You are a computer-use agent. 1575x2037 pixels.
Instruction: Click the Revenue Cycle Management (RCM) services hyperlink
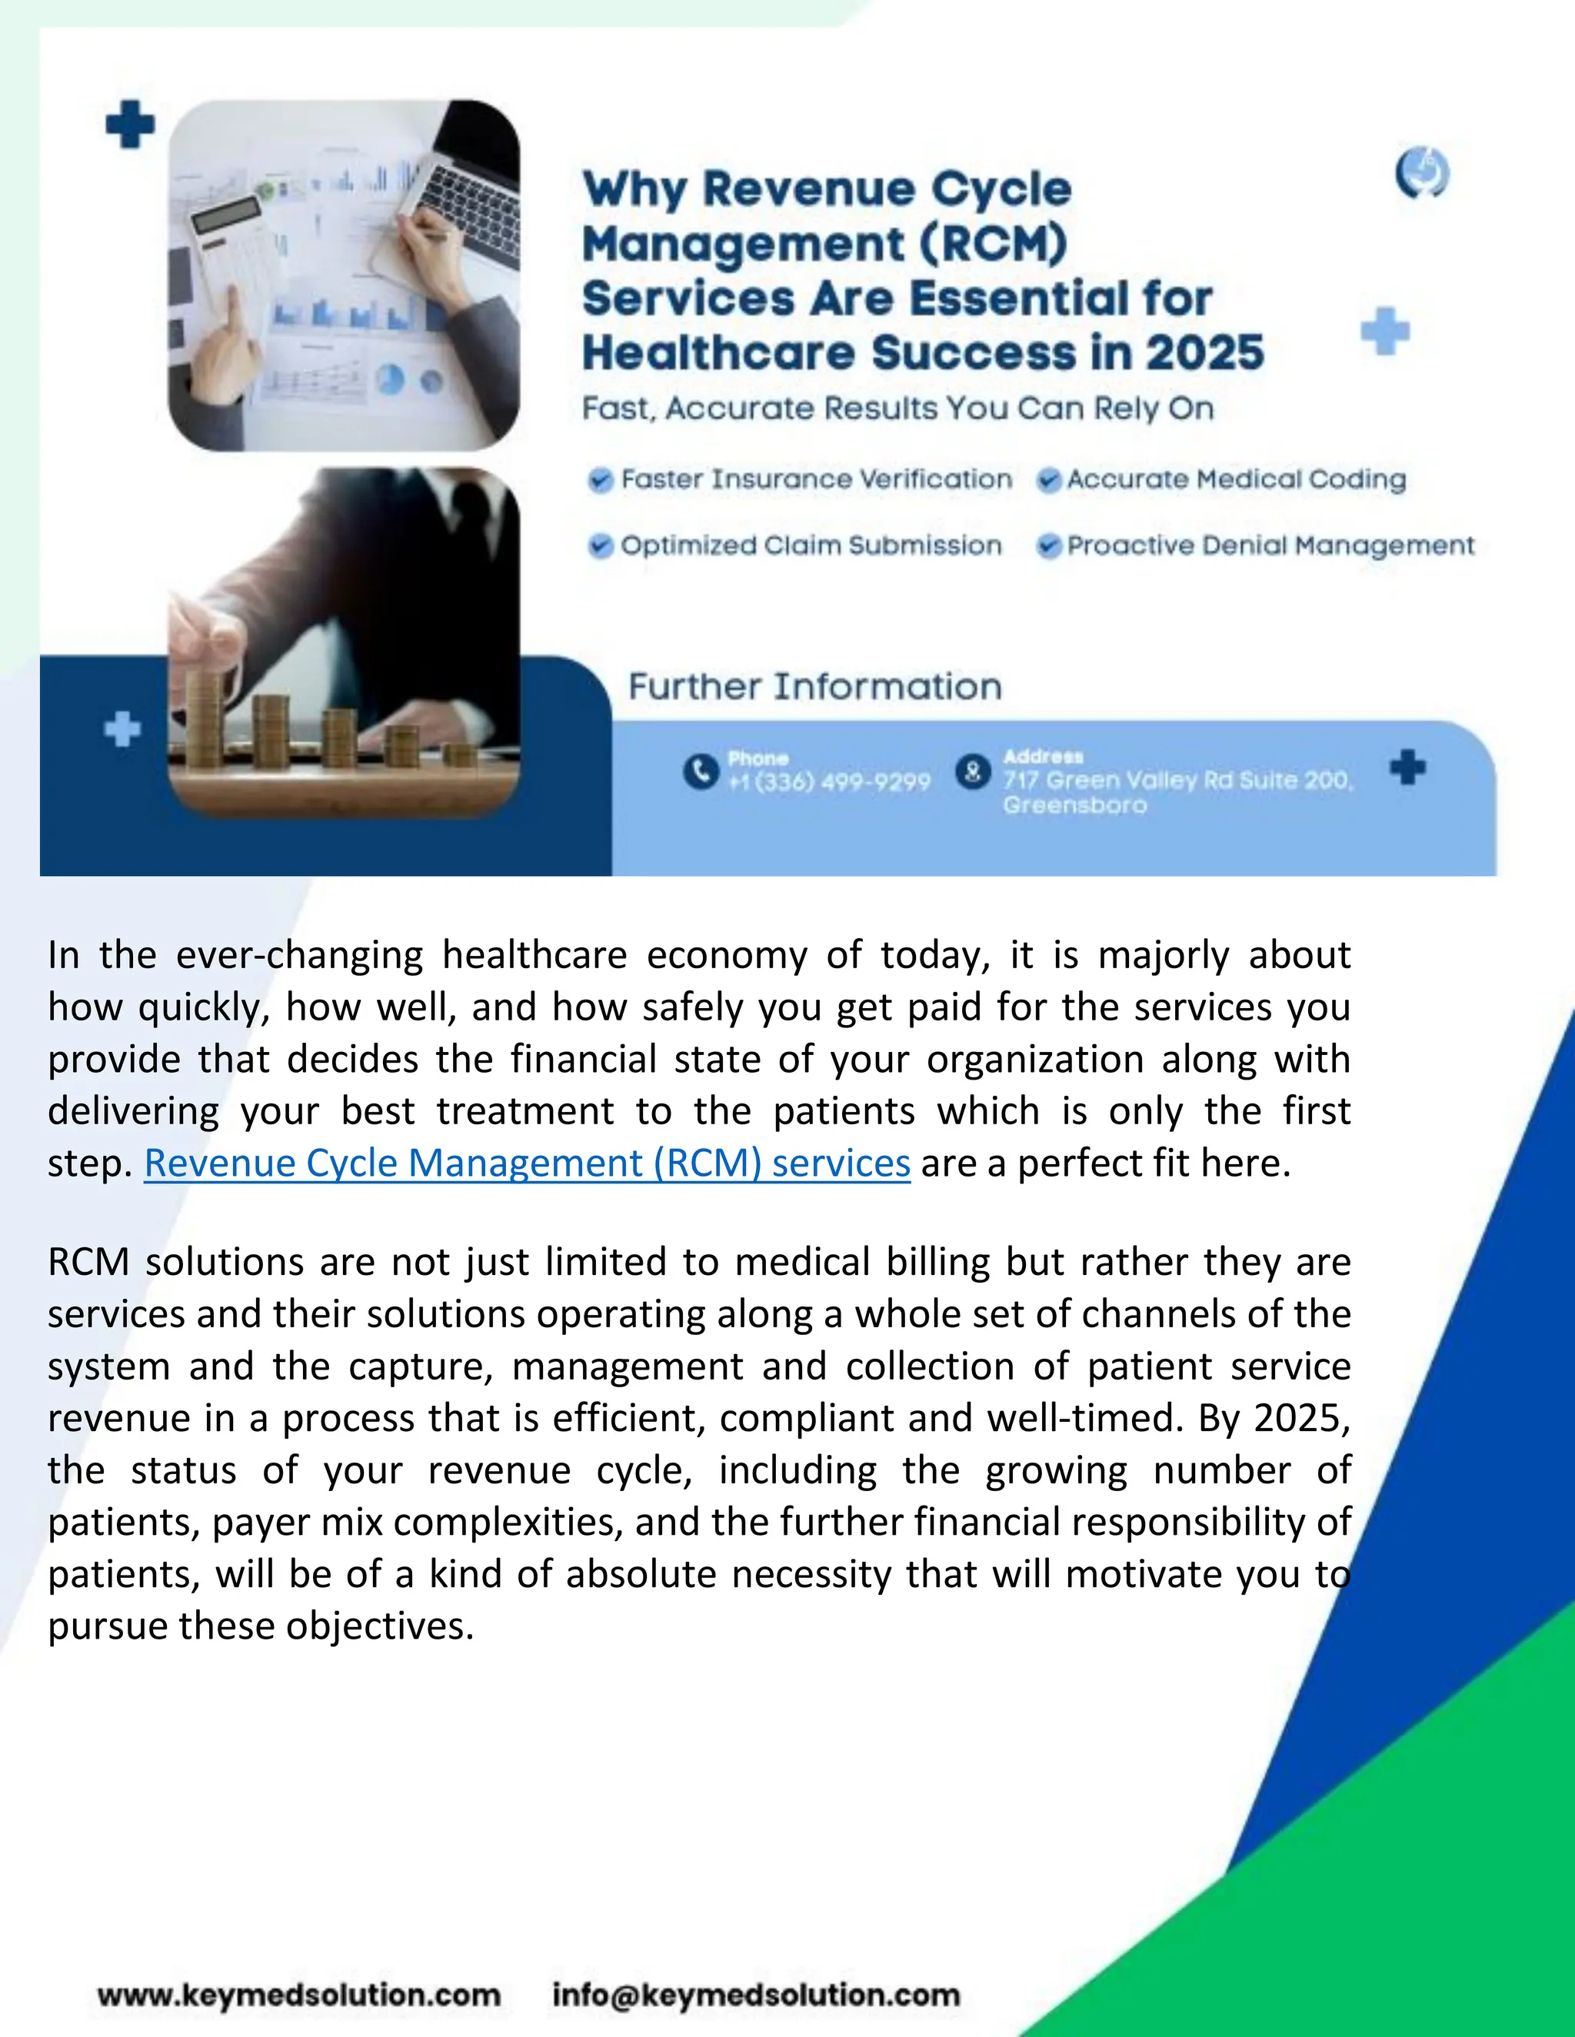[x=526, y=1163]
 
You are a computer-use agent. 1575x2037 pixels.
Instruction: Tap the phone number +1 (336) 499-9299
[x=830, y=781]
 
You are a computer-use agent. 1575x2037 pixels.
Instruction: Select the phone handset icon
[x=699, y=772]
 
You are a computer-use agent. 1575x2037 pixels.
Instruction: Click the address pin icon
[x=972, y=772]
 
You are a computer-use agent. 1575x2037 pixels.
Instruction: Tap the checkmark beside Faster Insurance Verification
[x=601, y=481]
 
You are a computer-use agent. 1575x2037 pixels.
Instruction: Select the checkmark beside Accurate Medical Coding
[x=1049, y=481]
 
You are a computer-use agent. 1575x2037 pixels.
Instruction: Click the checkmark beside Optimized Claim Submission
[x=601, y=546]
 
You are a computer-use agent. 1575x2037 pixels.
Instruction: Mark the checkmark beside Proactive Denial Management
[x=1049, y=546]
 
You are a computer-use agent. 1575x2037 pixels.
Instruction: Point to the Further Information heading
[x=814, y=687]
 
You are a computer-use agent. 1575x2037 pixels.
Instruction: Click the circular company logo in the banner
[x=1422, y=174]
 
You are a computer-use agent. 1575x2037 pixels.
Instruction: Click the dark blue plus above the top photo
[x=130, y=124]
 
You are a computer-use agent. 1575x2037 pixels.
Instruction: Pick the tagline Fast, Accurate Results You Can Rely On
[x=897, y=408]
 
